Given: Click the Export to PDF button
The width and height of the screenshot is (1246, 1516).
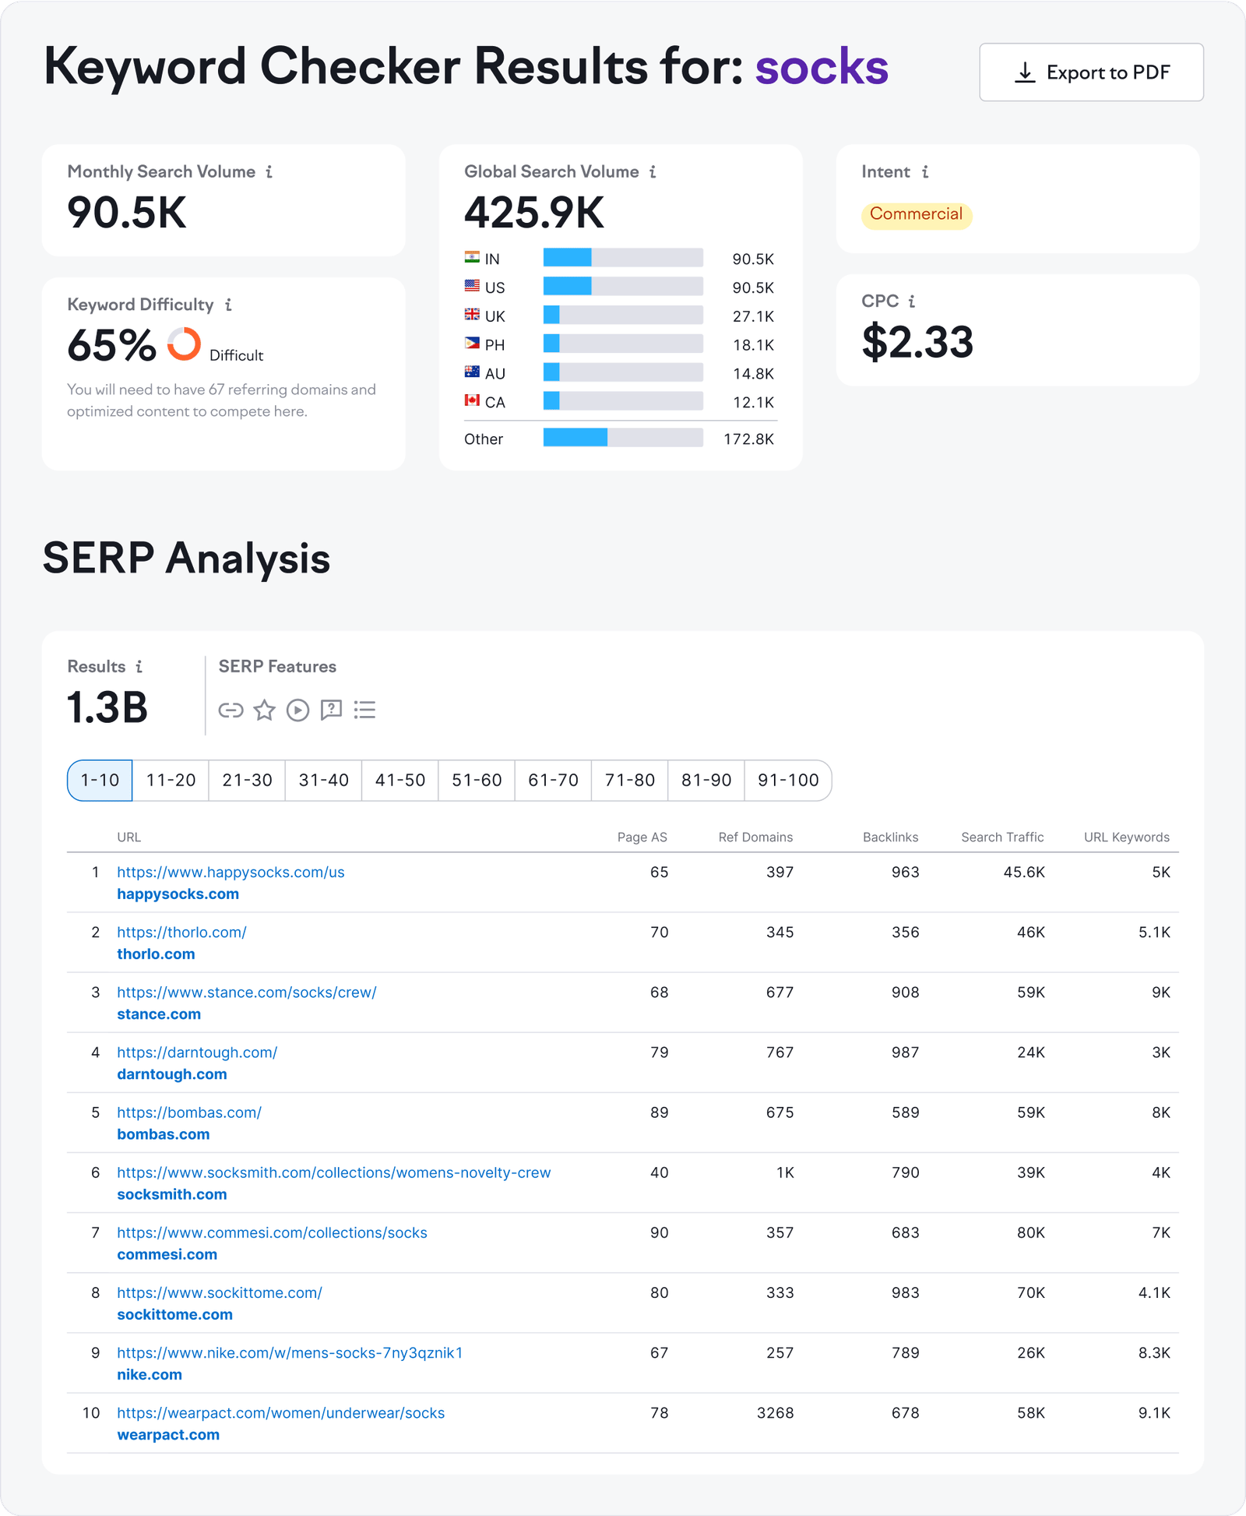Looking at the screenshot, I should [1091, 72].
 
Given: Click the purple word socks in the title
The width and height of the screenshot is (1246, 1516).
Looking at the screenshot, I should [822, 67].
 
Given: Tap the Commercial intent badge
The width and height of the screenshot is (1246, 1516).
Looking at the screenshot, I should [916, 214].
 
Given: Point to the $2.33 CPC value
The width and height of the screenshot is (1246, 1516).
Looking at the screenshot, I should [917, 342].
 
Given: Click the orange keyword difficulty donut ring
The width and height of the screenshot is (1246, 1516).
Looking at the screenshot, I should [185, 344].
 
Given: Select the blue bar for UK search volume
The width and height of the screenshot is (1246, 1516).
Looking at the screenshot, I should [551, 316].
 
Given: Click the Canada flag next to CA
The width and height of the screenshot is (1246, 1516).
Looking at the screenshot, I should [472, 400].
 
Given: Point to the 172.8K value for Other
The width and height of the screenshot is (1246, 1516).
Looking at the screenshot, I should [748, 439].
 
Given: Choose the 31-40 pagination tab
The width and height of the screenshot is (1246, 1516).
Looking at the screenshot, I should [323, 780].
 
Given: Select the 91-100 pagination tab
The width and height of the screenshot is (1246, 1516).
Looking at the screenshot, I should [787, 780].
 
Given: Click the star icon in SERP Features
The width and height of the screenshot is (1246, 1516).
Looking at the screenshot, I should [265, 710].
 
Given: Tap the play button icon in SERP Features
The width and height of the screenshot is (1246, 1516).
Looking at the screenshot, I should [297, 710].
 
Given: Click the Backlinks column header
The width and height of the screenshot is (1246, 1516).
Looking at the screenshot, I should [890, 837].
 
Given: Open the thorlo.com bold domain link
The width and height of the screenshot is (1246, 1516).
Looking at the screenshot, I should [156, 954].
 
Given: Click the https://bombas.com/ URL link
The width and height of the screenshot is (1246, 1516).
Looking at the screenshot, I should [189, 1112].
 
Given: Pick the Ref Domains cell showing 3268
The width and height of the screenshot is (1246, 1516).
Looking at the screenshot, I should [775, 1412].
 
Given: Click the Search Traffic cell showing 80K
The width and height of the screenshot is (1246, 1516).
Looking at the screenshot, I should [1030, 1232].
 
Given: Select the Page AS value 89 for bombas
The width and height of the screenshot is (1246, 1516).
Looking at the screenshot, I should [659, 1112].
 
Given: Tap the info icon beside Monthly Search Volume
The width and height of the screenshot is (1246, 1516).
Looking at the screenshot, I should [269, 171].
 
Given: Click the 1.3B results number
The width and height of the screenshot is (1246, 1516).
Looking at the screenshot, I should [107, 707].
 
